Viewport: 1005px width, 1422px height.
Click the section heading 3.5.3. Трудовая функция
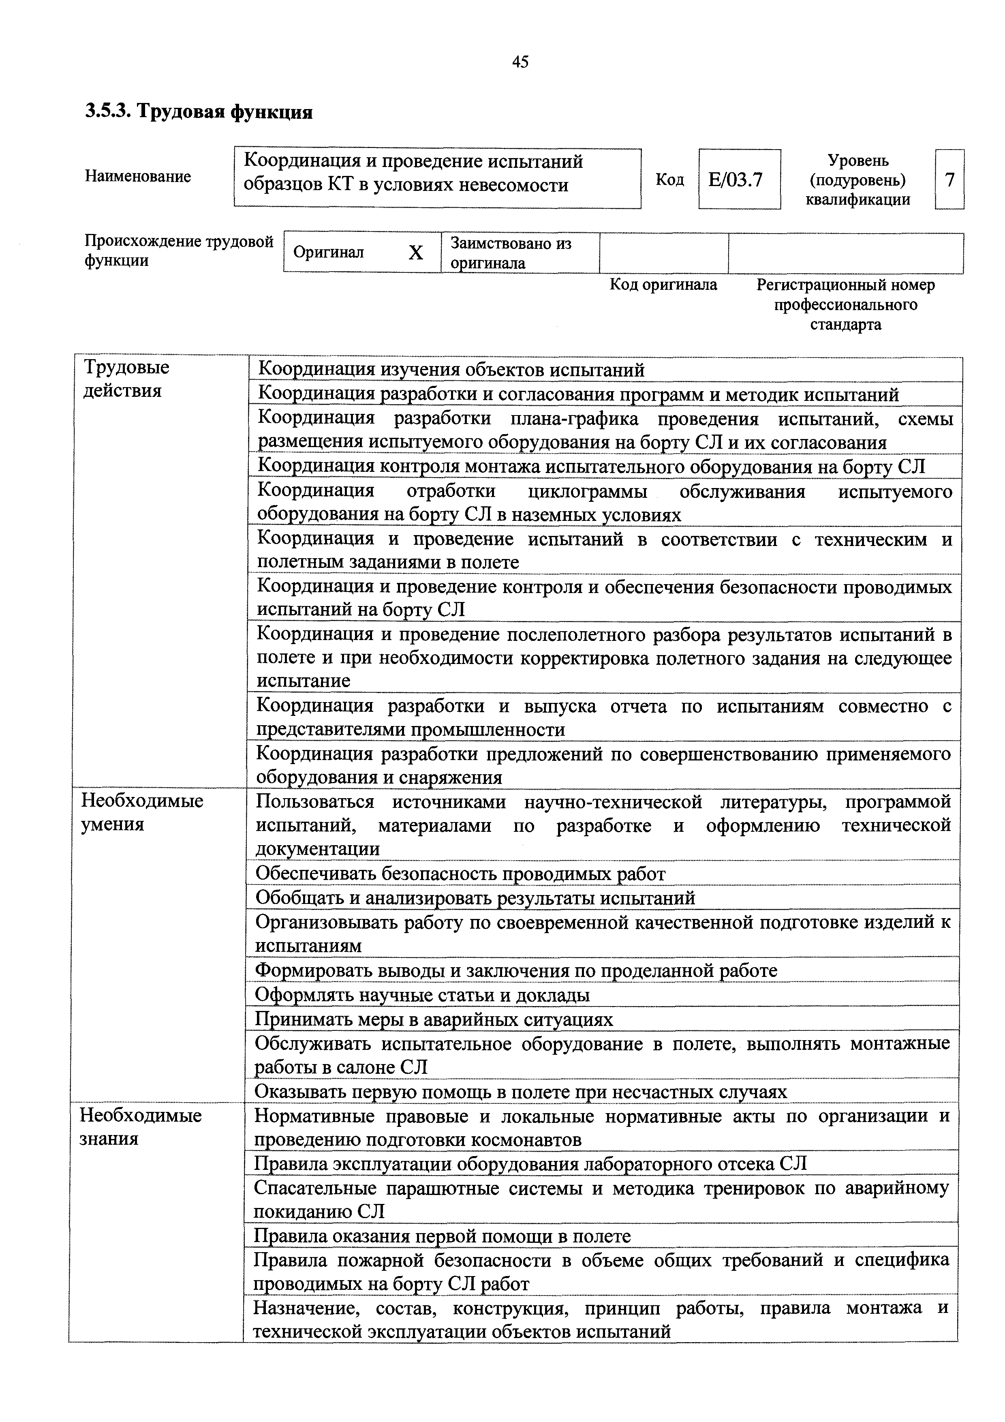pyautogui.click(x=199, y=112)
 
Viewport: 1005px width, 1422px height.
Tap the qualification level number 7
pyautogui.click(x=949, y=180)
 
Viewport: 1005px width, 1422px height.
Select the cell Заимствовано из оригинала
pyautogui.click(x=511, y=253)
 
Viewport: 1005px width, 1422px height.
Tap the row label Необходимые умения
pyautogui.click(x=142, y=813)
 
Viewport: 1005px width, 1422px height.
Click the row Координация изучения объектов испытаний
pyautogui.click(x=451, y=370)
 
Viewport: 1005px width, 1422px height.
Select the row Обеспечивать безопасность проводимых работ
pyautogui.click(x=460, y=874)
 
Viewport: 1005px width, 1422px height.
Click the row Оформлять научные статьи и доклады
pyautogui.click(x=422, y=995)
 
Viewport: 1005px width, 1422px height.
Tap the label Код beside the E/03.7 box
pyautogui.click(x=669, y=180)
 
